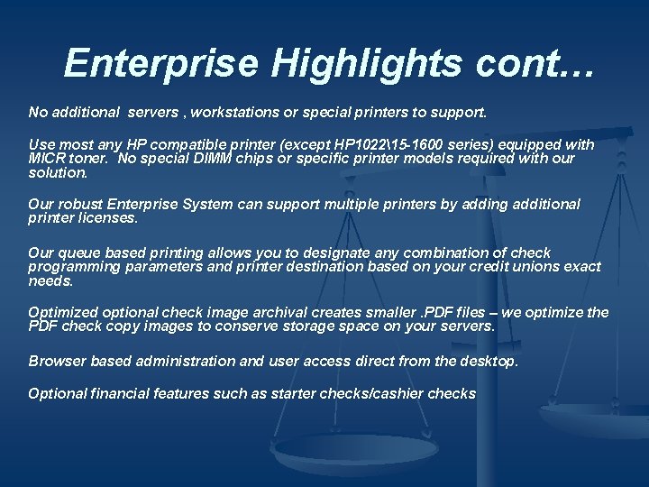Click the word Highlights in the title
pos(340,63)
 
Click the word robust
pos(79,204)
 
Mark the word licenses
pos(109,217)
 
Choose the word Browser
pos(57,361)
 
